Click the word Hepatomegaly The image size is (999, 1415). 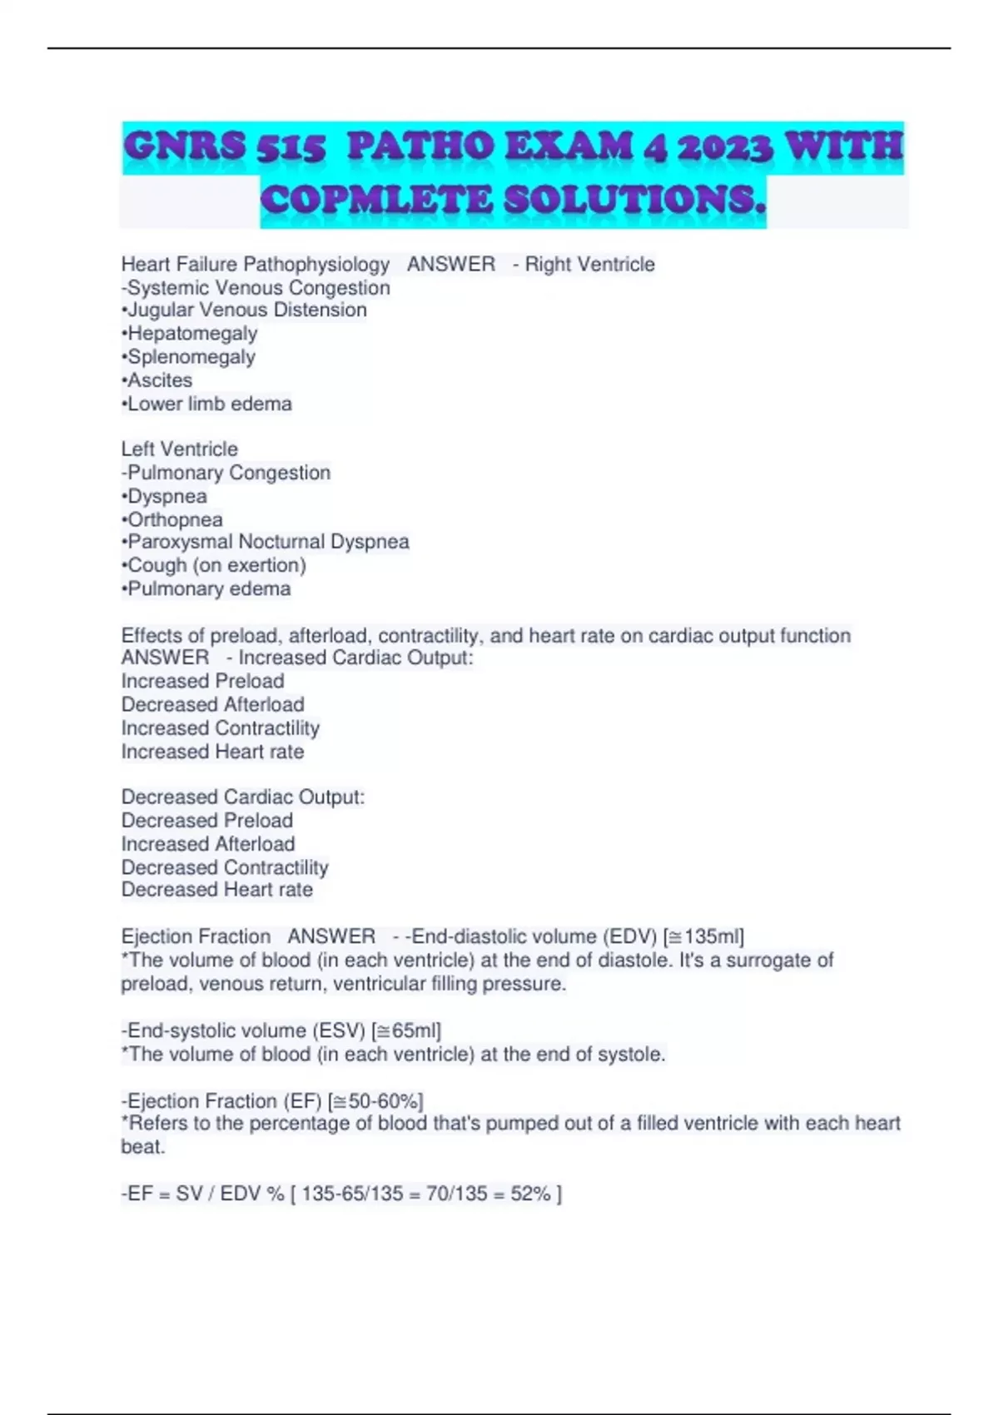(192, 334)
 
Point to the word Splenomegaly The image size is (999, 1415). (191, 357)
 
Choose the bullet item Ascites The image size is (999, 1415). (159, 380)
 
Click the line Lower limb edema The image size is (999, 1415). (209, 404)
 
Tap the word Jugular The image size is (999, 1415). (162, 310)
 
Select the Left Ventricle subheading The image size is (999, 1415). (180, 449)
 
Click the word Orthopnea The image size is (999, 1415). (175, 519)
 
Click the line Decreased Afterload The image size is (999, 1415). (213, 704)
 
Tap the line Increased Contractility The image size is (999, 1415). (221, 728)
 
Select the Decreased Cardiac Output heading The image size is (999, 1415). (243, 797)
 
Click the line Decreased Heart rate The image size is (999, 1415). (217, 890)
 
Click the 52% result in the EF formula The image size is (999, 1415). (531, 1194)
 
